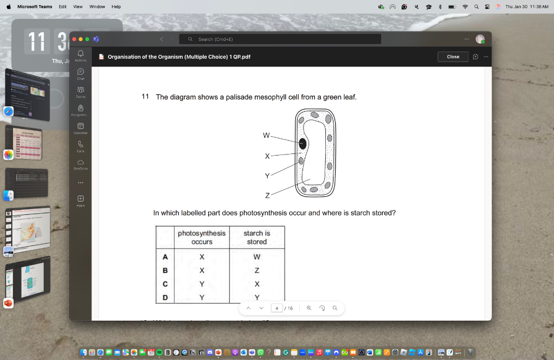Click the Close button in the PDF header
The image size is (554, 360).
coord(453,56)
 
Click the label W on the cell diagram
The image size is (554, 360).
coord(266,135)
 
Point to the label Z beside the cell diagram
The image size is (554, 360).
coord(267,196)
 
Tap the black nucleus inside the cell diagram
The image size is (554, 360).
coord(302,144)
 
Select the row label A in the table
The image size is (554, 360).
coord(165,257)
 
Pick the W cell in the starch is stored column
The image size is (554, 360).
coord(257,257)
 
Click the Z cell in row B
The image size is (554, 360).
coord(257,270)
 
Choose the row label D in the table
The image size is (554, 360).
coord(165,297)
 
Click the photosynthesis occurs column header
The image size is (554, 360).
coord(202,237)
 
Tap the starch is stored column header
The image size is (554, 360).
coord(257,237)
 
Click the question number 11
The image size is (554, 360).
coord(145,96)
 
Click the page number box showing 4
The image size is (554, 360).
coord(276,308)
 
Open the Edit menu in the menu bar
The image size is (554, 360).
coord(63,7)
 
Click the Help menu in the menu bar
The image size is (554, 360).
coord(116,7)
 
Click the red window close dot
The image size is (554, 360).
coord(74,39)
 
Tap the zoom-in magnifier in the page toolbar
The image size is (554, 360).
coord(309,308)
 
